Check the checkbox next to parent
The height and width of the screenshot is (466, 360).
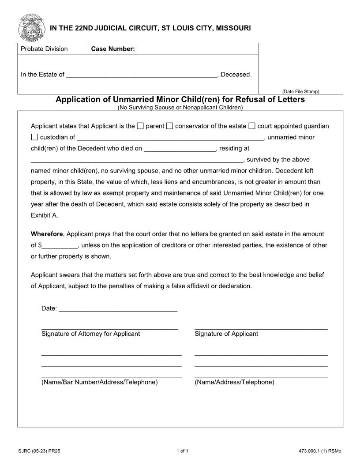(140, 126)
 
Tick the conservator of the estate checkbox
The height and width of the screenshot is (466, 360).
(170, 126)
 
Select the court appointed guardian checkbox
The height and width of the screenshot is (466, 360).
(252, 126)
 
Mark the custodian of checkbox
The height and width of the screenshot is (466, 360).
(35, 137)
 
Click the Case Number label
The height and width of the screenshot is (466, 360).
(113, 49)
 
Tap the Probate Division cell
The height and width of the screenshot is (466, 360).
(45, 49)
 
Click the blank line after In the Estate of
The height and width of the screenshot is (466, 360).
(141, 75)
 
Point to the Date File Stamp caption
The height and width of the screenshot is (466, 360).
(300, 91)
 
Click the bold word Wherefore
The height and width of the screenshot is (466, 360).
(47, 234)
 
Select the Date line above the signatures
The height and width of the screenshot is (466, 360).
(118, 309)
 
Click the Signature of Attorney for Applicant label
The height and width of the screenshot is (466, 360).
(90, 334)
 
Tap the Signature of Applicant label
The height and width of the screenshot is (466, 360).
(226, 334)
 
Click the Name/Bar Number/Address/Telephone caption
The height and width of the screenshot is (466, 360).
(99, 382)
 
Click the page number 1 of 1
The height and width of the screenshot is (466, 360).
(182, 451)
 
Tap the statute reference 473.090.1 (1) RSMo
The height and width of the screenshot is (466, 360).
(320, 451)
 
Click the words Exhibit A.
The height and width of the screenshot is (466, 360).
(44, 216)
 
